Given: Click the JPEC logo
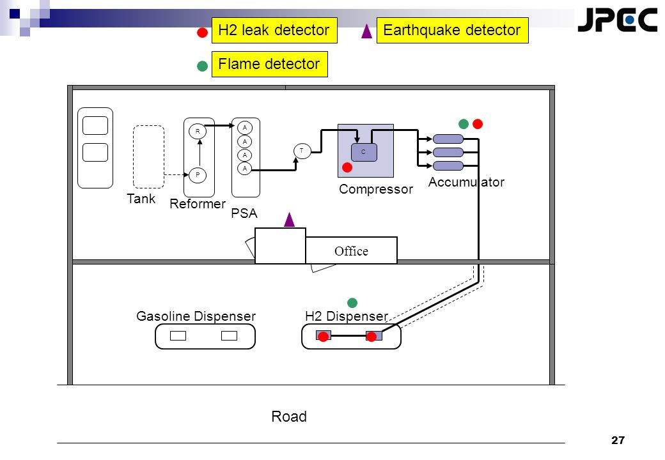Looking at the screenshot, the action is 617,19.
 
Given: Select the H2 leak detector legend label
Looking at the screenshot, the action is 274,30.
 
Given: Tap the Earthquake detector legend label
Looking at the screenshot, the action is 453,30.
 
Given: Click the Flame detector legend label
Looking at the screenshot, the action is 269,64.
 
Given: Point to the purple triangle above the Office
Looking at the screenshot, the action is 289,220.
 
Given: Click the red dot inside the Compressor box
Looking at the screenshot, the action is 347,167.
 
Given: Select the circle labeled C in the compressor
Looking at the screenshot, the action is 364,152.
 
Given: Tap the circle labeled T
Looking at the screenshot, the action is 302,151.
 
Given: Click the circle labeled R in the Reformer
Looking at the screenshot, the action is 197,132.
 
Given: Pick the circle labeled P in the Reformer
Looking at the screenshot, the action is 197,175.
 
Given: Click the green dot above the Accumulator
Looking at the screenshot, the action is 464,124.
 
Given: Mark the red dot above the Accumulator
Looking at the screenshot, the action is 478,124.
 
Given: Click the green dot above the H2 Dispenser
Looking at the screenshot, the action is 352,302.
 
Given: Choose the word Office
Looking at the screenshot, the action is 351,251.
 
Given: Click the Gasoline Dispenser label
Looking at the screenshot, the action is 196,316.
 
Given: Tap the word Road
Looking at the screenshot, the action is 289,417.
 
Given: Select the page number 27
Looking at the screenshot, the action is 618,441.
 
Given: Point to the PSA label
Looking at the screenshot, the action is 244,213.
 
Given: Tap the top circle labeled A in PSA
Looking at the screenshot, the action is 245,128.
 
